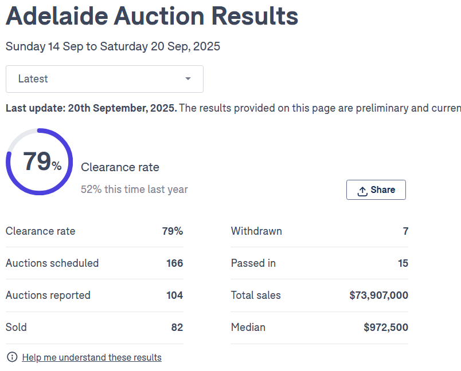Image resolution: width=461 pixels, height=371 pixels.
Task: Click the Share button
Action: pyautogui.click(x=376, y=190)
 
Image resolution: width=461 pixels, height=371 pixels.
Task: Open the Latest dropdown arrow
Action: pyautogui.click(x=188, y=79)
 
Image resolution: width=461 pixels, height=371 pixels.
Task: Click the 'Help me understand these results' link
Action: pyautogui.click(x=92, y=357)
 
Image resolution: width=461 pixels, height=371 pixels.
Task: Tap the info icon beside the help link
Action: pyautogui.click(x=12, y=357)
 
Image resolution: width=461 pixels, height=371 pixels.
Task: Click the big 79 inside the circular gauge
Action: pyautogui.click(x=37, y=161)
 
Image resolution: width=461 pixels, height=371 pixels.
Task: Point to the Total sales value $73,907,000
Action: pyautogui.click(x=378, y=295)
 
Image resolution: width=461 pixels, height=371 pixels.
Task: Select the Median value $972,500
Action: pyautogui.click(x=386, y=327)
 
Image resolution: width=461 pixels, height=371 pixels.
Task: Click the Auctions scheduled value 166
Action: pyautogui.click(x=174, y=263)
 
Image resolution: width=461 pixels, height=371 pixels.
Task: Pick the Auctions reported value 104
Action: pyautogui.click(x=174, y=295)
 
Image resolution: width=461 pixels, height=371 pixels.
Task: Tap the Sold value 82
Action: pyautogui.click(x=177, y=327)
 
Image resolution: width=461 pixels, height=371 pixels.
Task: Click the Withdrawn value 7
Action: pyautogui.click(x=405, y=231)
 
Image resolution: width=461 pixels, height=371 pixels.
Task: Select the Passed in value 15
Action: pyautogui.click(x=403, y=263)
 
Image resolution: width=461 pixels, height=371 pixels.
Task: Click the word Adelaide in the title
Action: pyautogui.click(x=56, y=16)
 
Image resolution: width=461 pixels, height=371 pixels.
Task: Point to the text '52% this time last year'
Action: pyautogui.click(x=134, y=190)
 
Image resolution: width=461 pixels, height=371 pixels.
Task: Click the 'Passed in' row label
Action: pyautogui.click(x=253, y=263)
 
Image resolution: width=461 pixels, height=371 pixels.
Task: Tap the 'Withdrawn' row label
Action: pyautogui.click(x=256, y=231)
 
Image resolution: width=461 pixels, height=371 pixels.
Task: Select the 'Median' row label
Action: pyautogui.click(x=248, y=327)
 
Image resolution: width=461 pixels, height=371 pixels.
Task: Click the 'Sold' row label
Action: pyautogui.click(x=16, y=327)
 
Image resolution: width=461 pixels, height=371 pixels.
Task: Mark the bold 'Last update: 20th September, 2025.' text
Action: pyautogui.click(x=91, y=108)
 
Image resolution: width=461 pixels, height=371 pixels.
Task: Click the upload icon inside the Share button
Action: pyautogui.click(x=362, y=191)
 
